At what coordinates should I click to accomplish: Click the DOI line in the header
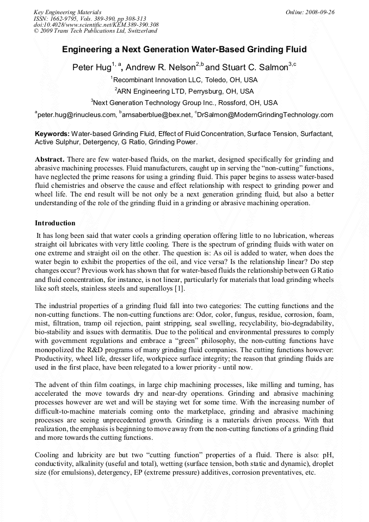tap(96, 24)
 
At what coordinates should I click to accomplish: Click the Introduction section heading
tap(55, 223)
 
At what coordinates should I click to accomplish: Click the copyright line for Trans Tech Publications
tap(95, 31)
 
